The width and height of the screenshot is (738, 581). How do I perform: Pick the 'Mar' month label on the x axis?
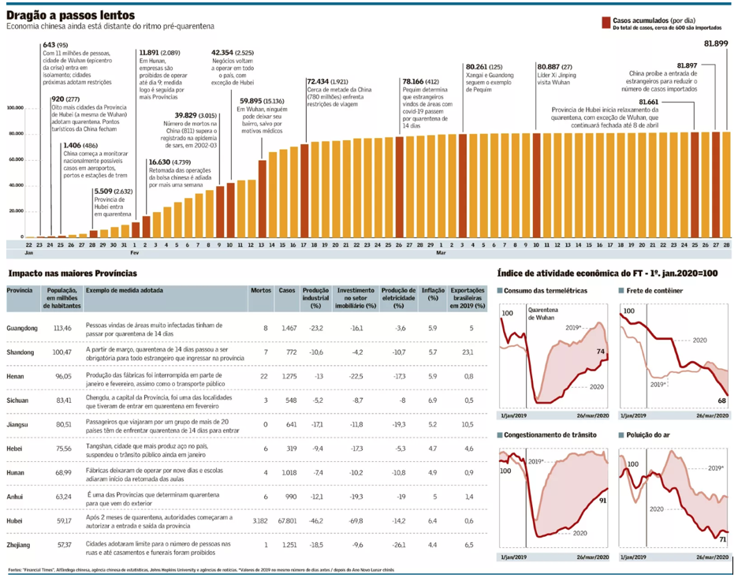442,253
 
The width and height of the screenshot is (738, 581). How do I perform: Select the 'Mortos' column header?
260,290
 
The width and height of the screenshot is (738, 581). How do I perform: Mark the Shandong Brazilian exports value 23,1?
470,352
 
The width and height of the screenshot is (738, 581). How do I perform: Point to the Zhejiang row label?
19,545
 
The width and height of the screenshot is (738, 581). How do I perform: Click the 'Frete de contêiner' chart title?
654,291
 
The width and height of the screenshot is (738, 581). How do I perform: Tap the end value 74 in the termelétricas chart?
602,352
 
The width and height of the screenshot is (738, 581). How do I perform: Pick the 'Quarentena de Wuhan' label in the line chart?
542,313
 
